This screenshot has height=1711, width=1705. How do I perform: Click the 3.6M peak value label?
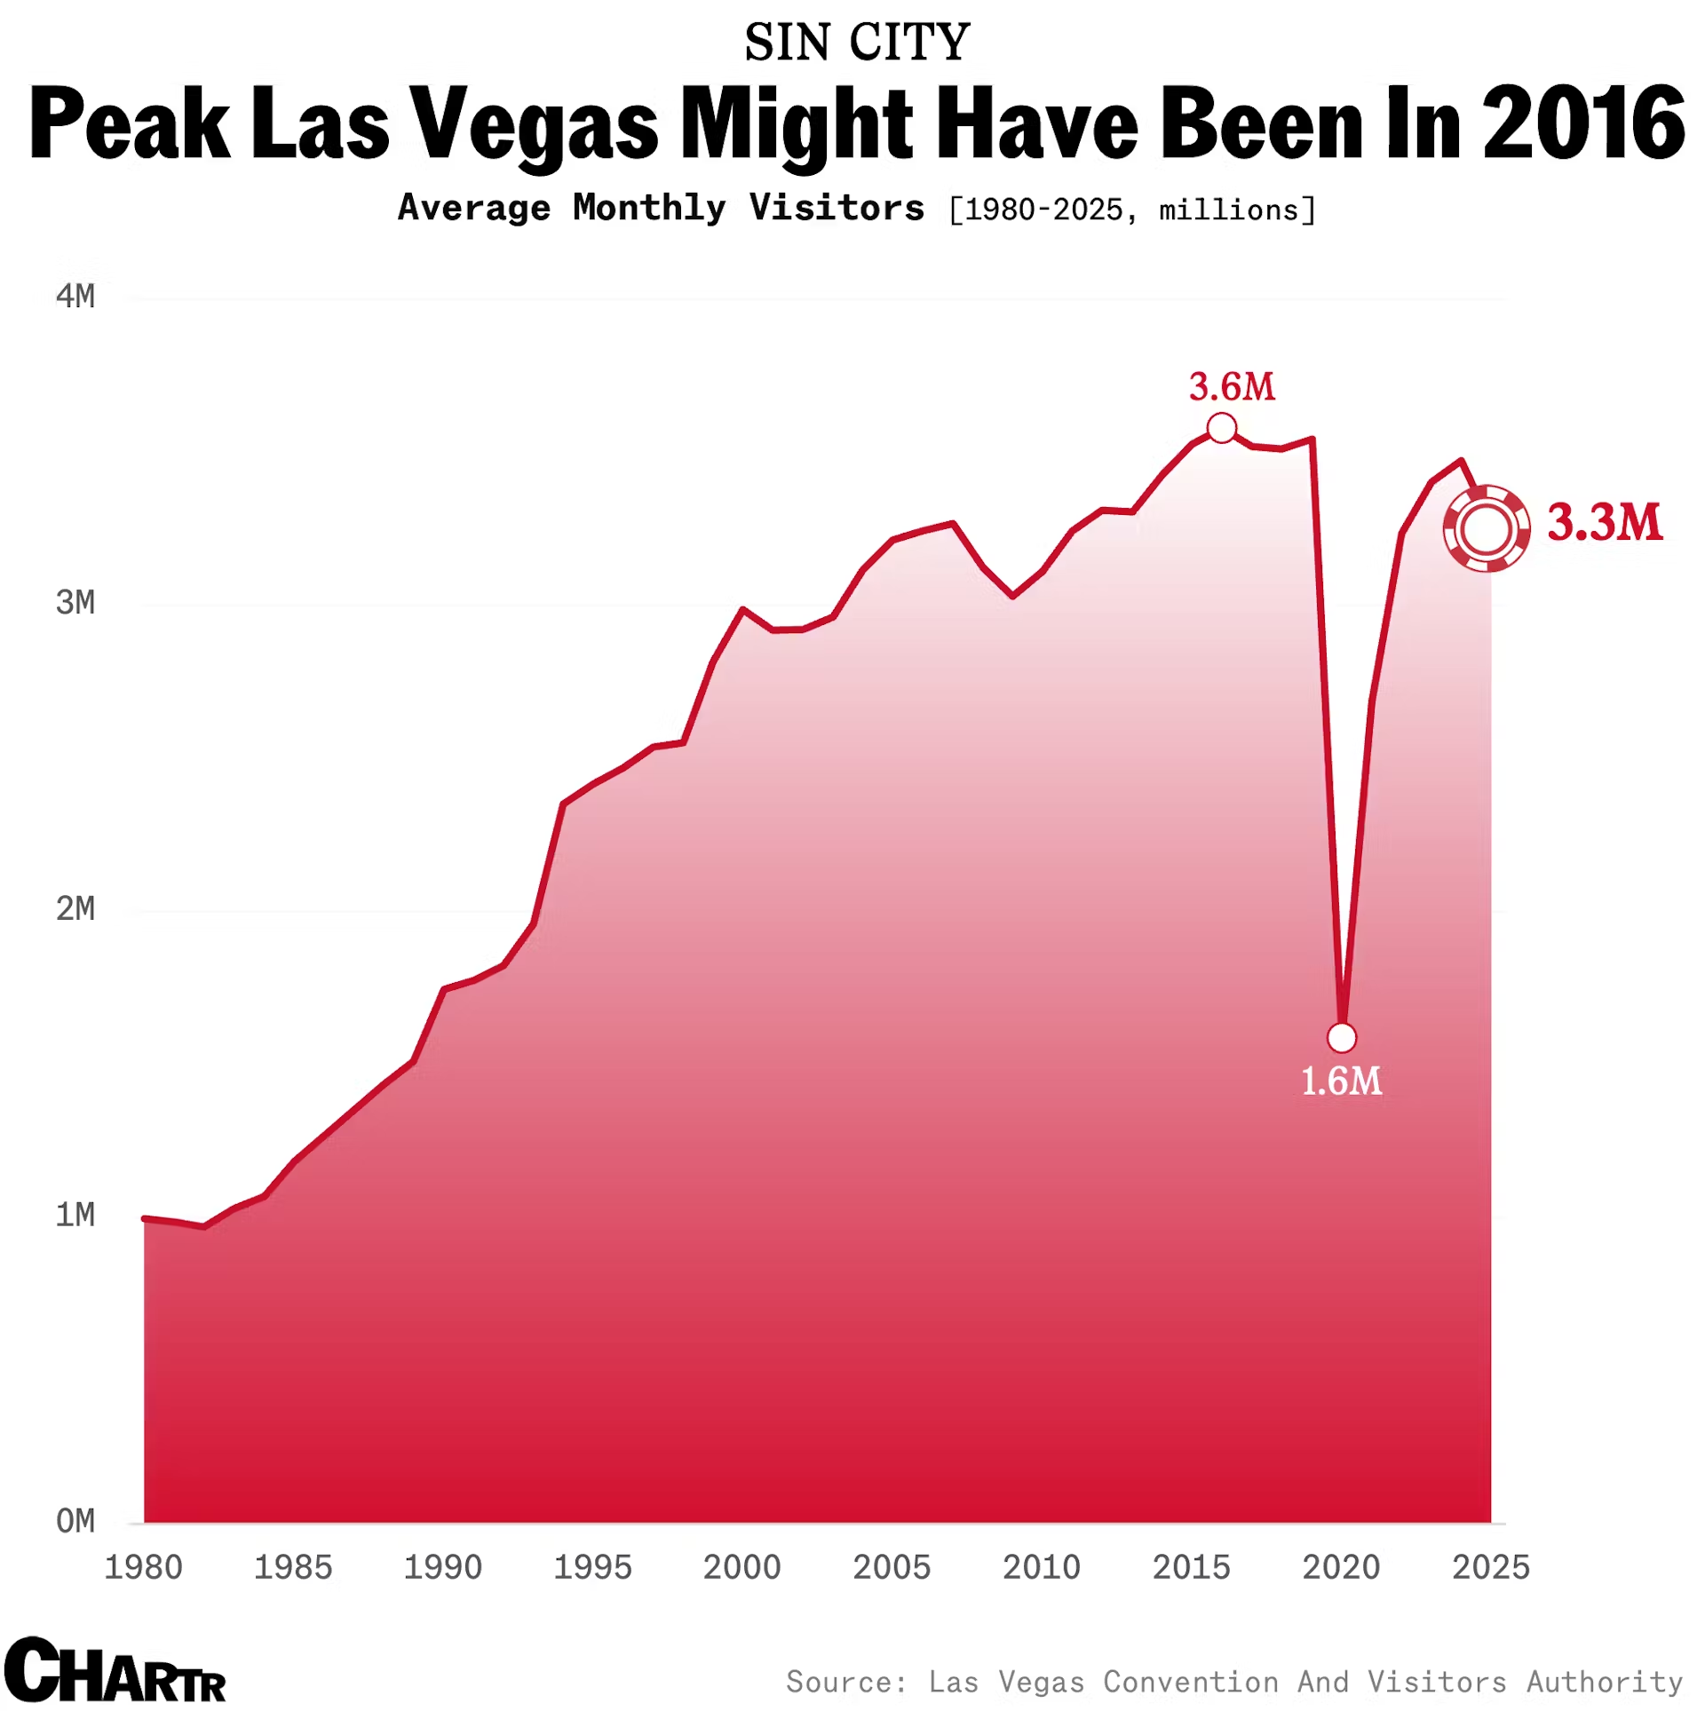(1231, 387)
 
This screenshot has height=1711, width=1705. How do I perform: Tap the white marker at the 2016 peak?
(1222, 428)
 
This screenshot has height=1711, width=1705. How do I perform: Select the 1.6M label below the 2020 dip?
(1341, 1081)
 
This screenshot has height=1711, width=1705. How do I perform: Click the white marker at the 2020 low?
(1341, 1037)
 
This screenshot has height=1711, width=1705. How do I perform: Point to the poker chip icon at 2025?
(1486, 528)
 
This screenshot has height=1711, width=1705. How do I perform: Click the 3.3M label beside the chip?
(1604, 522)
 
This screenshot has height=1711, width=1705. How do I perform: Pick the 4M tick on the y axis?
(75, 297)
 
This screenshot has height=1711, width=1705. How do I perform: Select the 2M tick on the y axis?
(75, 909)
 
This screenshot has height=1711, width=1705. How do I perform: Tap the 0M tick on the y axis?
(75, 1521)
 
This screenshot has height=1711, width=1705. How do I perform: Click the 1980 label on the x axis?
(144, 1568)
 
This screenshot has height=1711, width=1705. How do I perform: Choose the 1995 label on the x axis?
(592, 1568)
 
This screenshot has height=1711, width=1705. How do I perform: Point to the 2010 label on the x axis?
(1041, 1568)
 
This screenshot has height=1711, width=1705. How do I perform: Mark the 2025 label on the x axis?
(1490, 1568)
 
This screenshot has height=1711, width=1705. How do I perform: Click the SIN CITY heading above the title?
(857, 43)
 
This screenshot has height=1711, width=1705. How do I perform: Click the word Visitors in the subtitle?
(837, 208)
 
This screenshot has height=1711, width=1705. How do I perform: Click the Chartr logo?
(115, 1673)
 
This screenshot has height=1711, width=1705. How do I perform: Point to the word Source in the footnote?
(846, 1682)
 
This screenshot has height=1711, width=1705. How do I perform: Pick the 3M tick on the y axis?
(75, 603)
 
